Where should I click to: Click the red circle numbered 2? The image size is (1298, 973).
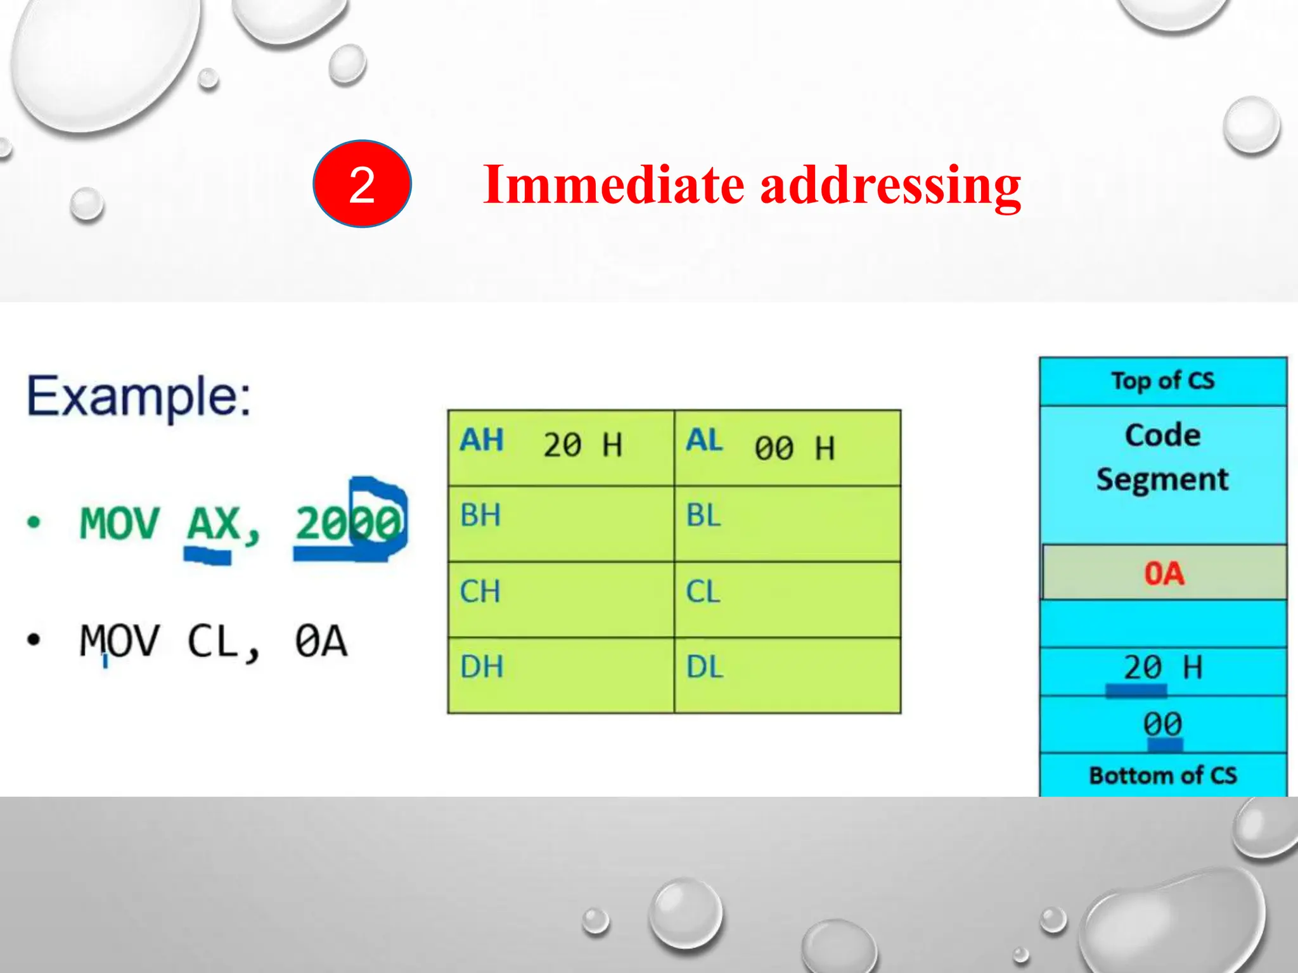(362, 184)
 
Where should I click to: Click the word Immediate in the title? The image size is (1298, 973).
(613, 185)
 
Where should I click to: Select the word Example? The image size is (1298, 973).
(139, 397)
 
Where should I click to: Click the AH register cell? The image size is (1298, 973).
(560, 448)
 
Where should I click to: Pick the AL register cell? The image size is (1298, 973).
(787, 448)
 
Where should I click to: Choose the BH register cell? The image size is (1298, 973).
(560, 523)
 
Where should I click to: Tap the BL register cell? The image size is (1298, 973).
(787, 523)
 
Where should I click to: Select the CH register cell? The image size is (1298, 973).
(560, 599)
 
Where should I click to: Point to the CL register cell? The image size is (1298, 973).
(787, 599)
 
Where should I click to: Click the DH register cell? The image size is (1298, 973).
(560, 675)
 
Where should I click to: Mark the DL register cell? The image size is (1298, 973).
(787, 675)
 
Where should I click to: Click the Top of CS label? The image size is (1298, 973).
(1162, 381)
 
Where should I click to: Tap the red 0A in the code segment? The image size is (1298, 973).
(1164, 573)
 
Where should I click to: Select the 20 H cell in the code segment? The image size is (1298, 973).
(1162, 668)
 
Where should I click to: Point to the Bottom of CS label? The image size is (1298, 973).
(1162, 775)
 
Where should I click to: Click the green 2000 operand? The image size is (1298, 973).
(349, 524)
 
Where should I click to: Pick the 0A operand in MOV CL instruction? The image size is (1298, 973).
(321, 641)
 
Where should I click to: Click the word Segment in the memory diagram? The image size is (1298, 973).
(1162, 479)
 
